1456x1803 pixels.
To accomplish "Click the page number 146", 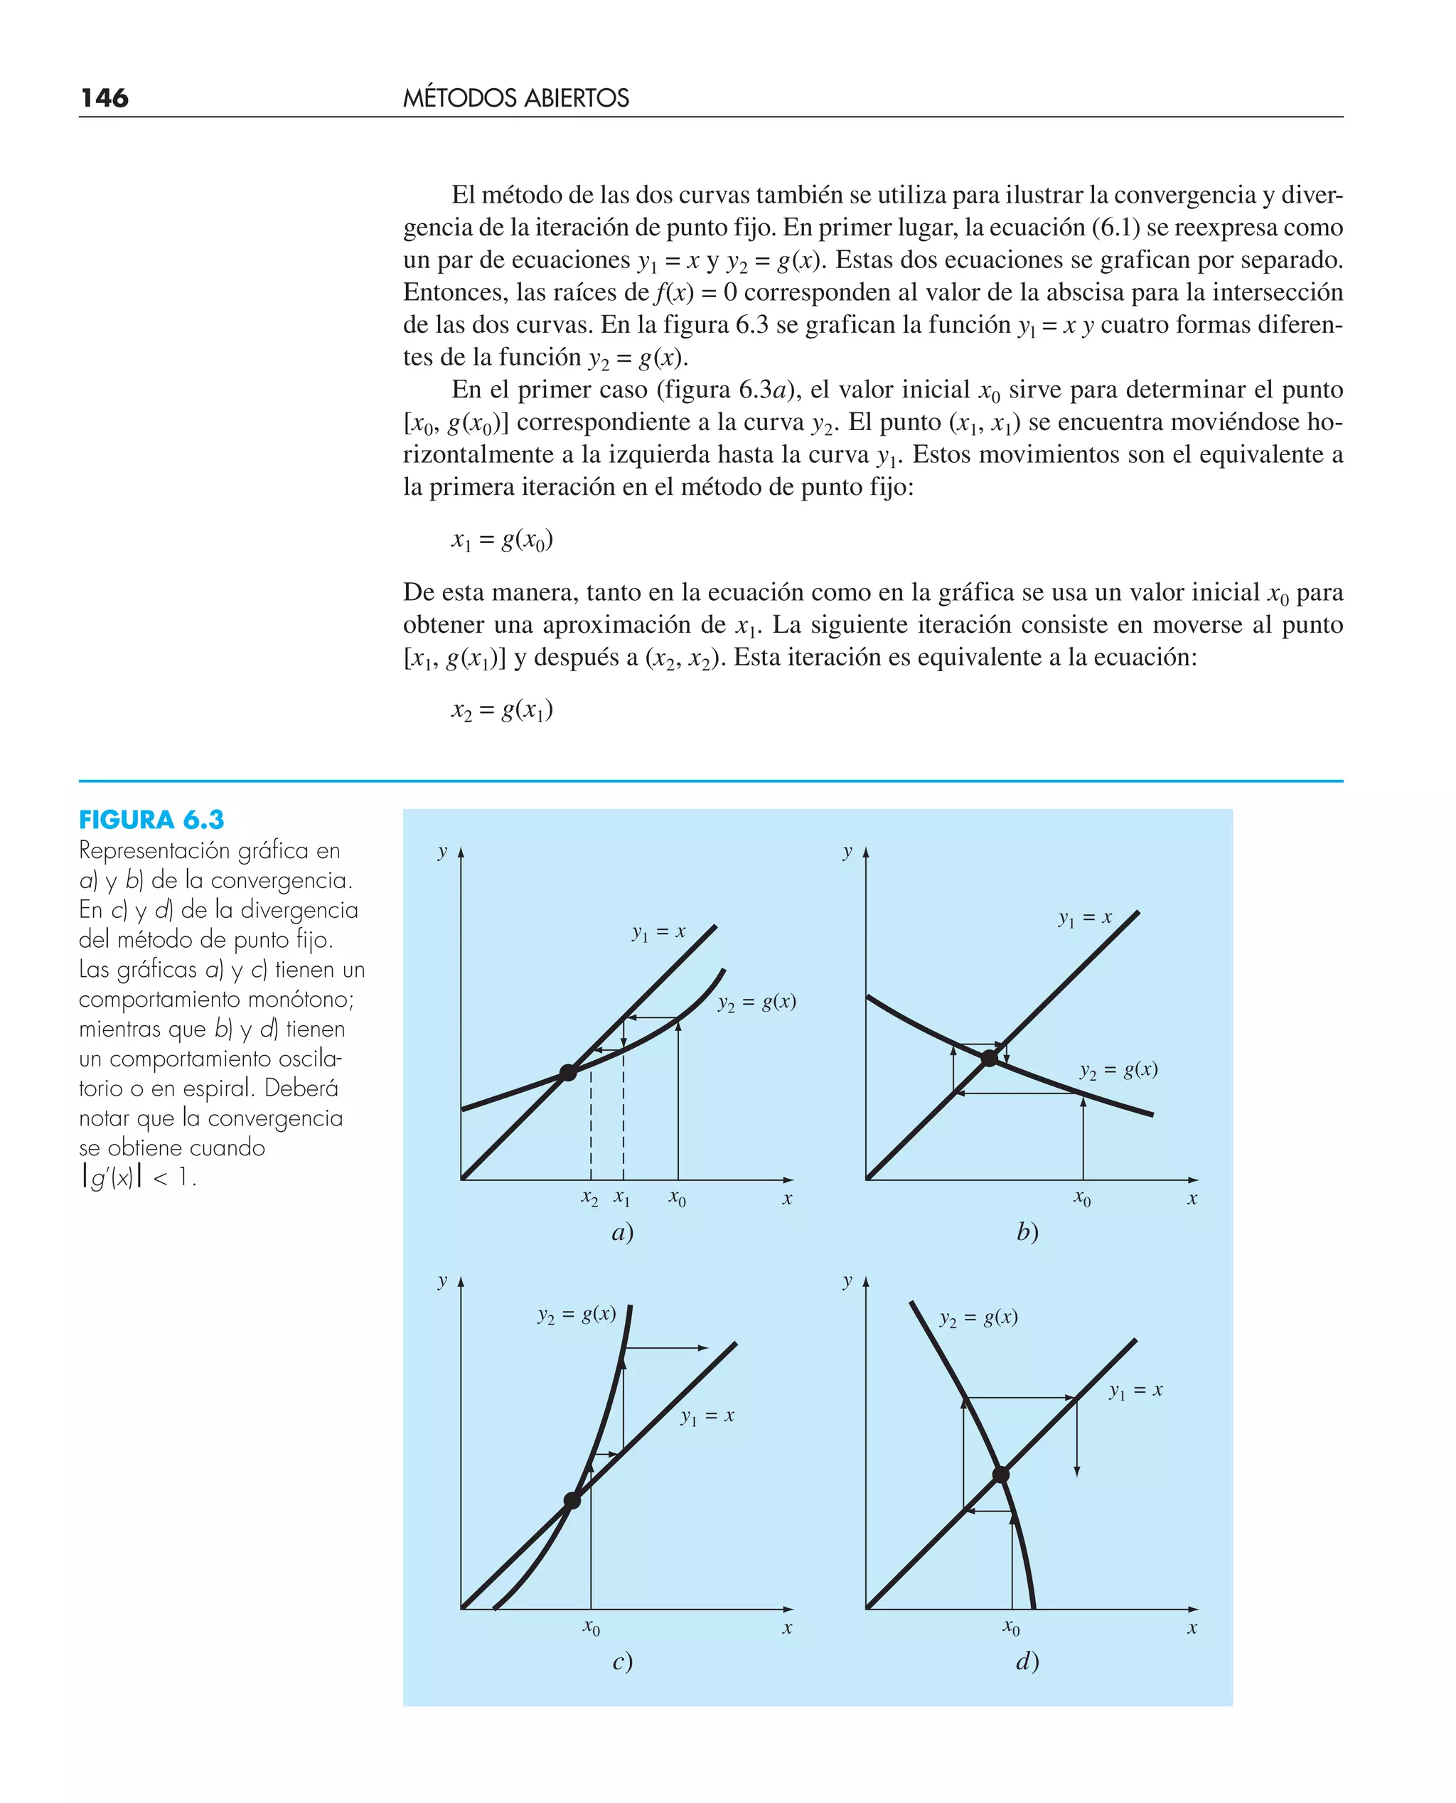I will point(104,98).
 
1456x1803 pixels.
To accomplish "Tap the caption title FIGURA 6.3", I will point(151,819).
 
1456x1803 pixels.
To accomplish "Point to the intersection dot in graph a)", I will point(568,1071).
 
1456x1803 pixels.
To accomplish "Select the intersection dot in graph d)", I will point(1000,1475).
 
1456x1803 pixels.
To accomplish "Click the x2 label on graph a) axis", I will point(589,1199).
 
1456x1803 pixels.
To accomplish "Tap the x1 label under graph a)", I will point(621,1197).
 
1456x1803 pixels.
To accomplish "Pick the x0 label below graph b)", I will point(1082,1199).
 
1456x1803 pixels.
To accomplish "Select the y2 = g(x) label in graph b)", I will point(1118,1070).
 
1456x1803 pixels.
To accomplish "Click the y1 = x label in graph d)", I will point(1135,1391).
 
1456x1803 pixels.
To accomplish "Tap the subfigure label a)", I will point(621,1232).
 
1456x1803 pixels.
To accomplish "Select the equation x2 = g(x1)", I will point(501,710).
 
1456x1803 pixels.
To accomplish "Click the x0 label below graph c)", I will point(591,1627).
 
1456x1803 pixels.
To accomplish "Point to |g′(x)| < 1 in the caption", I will point(139,1177).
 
